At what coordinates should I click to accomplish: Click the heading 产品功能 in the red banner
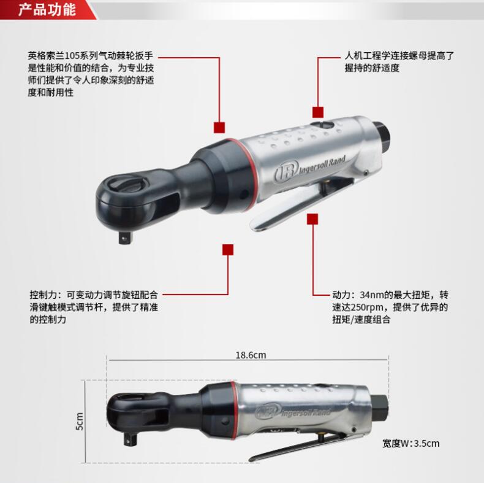(47, 10)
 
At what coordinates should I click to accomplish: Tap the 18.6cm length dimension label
(251, 355)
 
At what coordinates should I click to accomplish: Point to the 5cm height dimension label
(79, 421)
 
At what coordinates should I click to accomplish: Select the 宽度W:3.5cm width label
(410, 444)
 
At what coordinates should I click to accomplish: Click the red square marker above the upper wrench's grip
(317, 112)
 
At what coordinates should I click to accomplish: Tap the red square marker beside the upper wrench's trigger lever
(312, 219)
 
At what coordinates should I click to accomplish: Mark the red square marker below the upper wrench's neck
(228, 250)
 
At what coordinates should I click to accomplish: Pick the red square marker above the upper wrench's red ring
(219, 128)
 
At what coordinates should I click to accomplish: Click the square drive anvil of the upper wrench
(126, 238)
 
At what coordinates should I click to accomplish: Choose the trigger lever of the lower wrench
(298, 447)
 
